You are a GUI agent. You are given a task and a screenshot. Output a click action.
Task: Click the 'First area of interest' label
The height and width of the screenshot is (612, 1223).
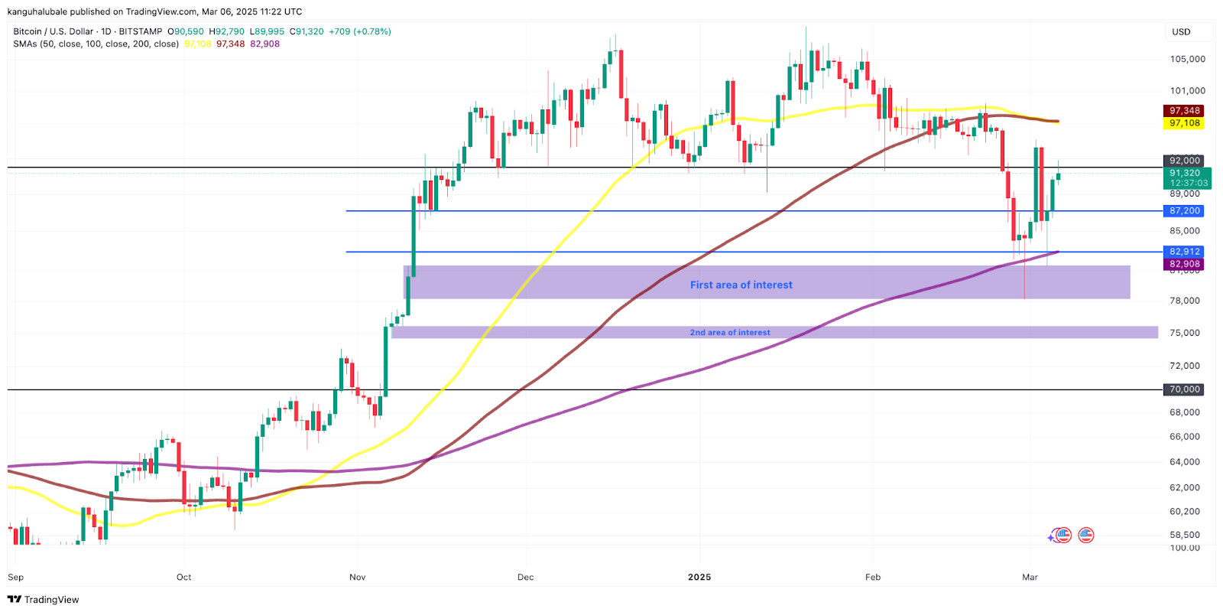coord(741,285)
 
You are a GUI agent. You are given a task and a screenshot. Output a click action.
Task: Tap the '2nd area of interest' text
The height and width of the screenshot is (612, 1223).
coord(730,333)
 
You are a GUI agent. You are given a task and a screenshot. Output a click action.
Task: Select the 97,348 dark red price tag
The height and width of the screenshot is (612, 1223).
coord(1184,111)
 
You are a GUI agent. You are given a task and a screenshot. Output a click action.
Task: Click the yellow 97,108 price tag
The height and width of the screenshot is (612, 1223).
coord(1184,123)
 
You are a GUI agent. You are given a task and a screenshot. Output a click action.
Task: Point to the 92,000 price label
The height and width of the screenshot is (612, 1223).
coord(1184,161)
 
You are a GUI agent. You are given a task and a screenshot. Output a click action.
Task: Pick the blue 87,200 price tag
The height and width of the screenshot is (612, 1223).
coord(1184,210)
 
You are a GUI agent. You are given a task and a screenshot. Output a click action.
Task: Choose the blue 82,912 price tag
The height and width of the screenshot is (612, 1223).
coord(1184,252)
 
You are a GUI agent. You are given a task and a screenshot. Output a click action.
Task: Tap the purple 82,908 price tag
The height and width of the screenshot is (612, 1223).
coord(1184,264)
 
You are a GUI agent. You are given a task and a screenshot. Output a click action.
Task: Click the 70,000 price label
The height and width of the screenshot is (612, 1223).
coord(1184,389)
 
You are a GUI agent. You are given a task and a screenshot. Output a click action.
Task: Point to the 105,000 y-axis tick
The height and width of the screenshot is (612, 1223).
coord(1187,59)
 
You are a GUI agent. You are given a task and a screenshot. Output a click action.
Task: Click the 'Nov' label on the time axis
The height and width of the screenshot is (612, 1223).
coord(357,577)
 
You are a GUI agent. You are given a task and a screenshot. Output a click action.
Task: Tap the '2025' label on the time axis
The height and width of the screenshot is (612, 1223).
coord(699,577)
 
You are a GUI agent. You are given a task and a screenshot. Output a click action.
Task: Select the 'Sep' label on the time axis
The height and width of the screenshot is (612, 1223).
coord(15,577)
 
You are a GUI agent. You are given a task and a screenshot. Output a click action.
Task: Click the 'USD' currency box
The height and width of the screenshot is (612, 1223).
coord(1181,32)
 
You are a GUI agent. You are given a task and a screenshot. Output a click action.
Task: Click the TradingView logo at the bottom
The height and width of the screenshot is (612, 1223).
coord(44,600)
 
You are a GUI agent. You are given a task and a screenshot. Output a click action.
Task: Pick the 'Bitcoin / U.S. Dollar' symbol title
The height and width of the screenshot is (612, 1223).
coord(53,31)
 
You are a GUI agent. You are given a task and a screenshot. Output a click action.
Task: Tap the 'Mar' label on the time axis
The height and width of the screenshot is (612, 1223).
coord(1030,577)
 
